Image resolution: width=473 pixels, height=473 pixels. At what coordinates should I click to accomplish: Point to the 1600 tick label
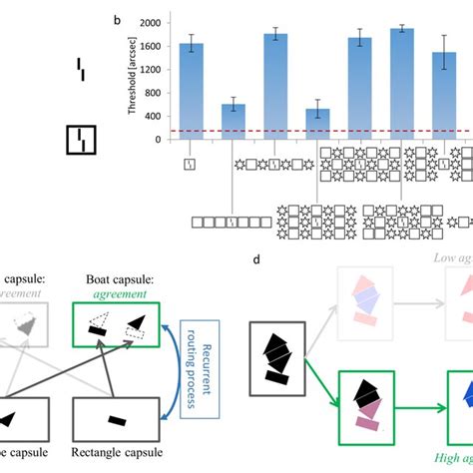[149, 46]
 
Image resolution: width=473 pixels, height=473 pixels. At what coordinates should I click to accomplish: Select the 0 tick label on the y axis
[158, 140]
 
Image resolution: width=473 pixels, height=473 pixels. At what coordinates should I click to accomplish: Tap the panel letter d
[258, 261]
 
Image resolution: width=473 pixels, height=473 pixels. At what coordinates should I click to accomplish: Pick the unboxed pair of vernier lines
[82, 68]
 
